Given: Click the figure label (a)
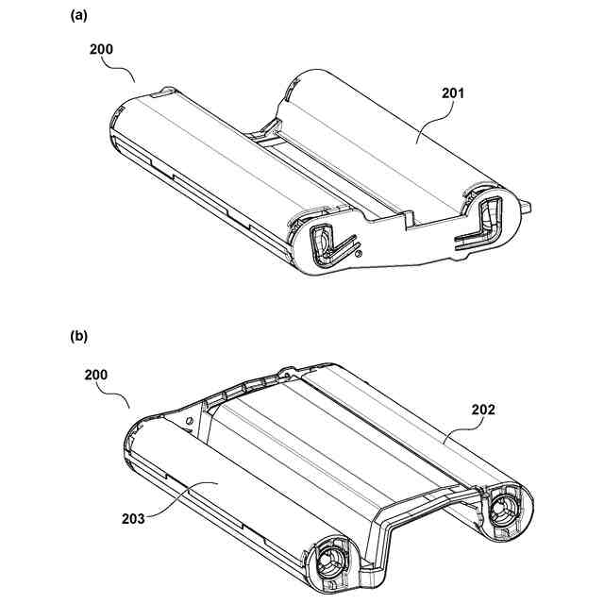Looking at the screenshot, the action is click(x=78, y=15).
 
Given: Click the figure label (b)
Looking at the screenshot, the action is click(x=78, y=335).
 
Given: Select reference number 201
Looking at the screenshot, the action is click(x=453, y=94).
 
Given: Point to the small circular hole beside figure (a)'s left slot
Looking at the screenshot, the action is click(x=358, y=252).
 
